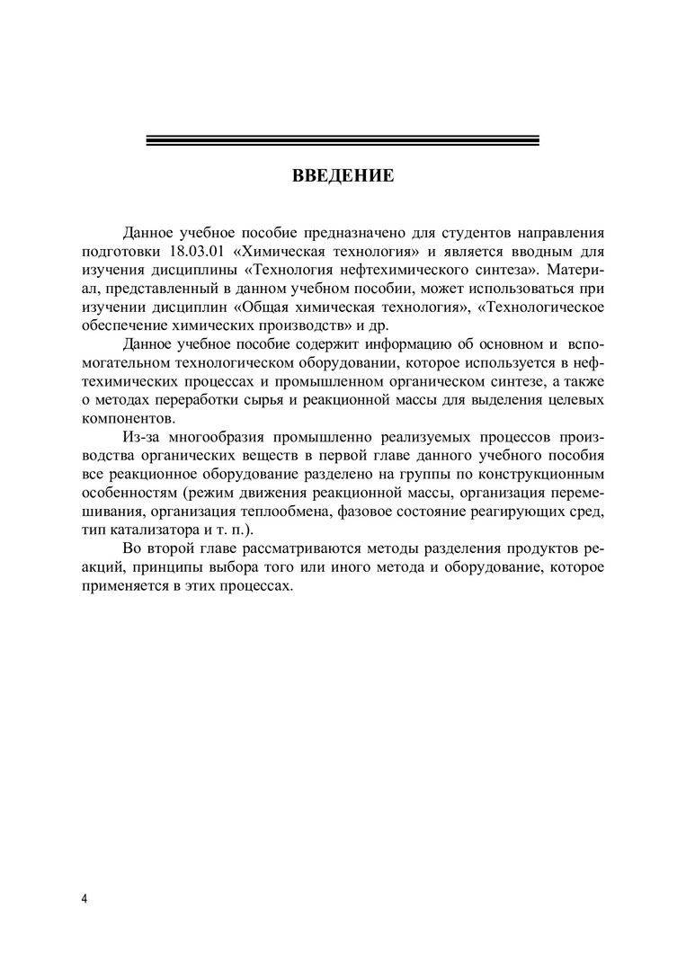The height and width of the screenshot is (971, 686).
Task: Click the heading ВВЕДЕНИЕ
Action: pyautogui.click(x=343, y=175)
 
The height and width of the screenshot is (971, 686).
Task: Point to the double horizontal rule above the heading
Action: pyautogui.click(x=343, y=140)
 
